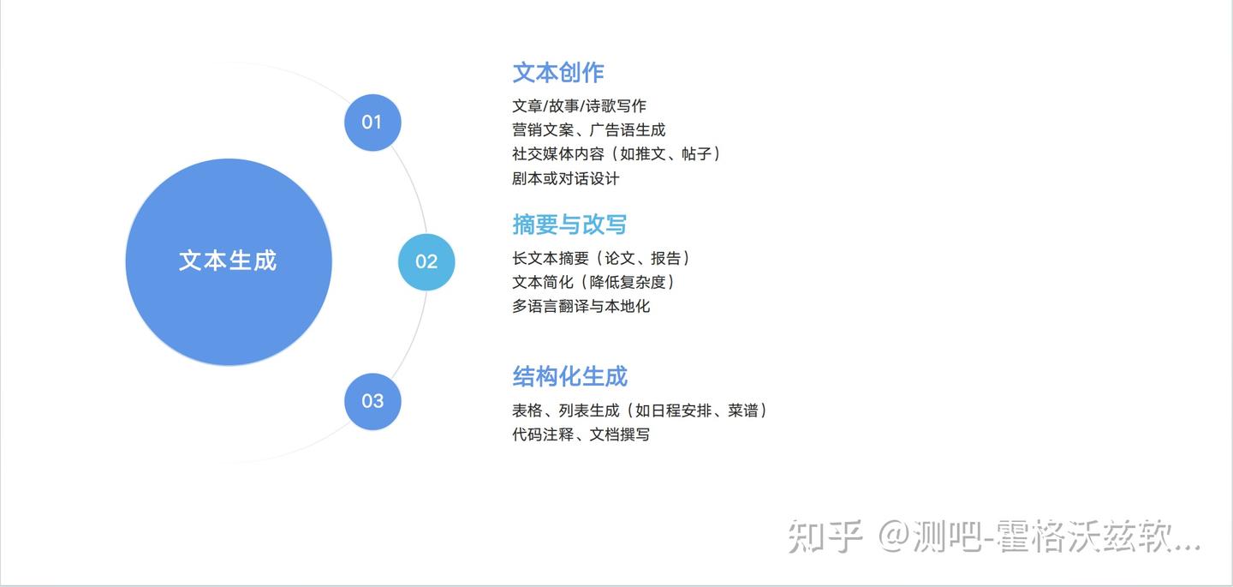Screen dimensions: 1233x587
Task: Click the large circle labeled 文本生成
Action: point(229,261)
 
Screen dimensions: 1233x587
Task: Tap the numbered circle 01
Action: point(372,123)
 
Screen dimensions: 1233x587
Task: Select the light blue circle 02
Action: point(426,262)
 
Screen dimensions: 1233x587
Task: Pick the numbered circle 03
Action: point(372,401)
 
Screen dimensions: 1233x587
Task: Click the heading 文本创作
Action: point(558,73)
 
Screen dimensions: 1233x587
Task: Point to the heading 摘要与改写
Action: point(569,225)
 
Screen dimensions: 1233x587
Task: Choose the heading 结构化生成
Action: point(569,377)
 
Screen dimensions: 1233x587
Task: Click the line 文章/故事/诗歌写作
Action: point(579,105)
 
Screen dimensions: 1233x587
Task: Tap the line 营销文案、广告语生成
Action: point(589,130)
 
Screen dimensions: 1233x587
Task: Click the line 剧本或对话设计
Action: point(566,178)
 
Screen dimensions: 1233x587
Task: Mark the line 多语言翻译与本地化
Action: point(581,306)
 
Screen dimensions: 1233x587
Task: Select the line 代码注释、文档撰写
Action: point(581,434)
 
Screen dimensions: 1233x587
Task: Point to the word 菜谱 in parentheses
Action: point(743,410)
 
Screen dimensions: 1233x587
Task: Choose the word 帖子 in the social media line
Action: point(697,153)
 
